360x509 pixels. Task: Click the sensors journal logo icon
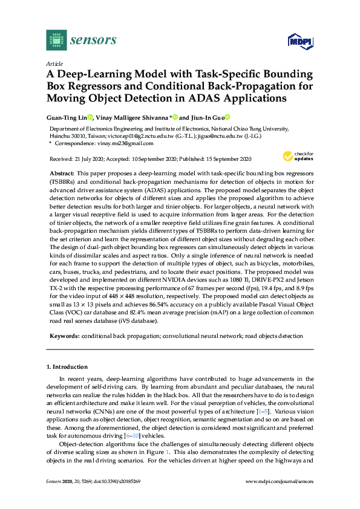(x=56, y=40)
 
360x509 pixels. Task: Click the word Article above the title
(x=54, y=63)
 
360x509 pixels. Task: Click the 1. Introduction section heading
(x=67, y=367)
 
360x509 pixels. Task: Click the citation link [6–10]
(x=148, y=435)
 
